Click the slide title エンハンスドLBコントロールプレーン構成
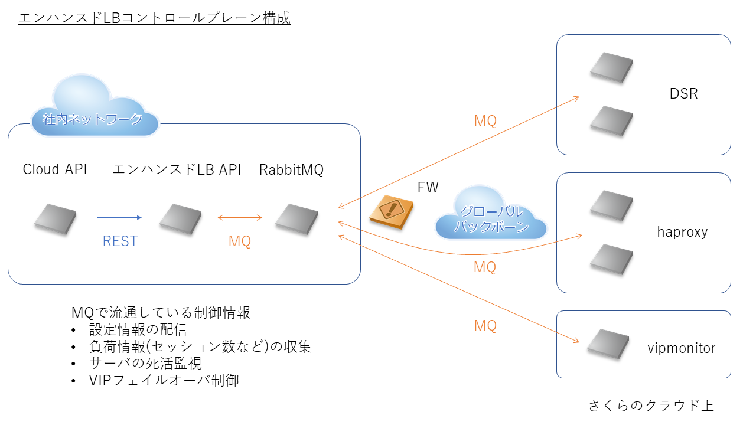click(x=154, y=18)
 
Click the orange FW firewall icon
click(x=390, y=210)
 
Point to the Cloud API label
click(x=55, y=169)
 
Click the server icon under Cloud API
click(x=55, y=218)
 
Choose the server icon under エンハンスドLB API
click(x=181, y=218)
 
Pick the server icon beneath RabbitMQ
click(x=297, y=218)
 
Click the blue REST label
click(x=120, y=241)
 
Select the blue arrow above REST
click(x=119, y=218)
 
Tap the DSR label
click(x=683, y=93)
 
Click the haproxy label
click(x=682, y=232)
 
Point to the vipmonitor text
click(x=681, y=348)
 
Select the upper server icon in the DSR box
click(x=611, y=67)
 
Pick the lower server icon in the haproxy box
click(x=611, y=259)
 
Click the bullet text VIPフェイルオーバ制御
click(x=164, y=380)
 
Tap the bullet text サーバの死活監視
click(x=145, y=363)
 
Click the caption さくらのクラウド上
click(x=651, y=406)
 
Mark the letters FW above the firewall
click(x=428, y=188)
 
